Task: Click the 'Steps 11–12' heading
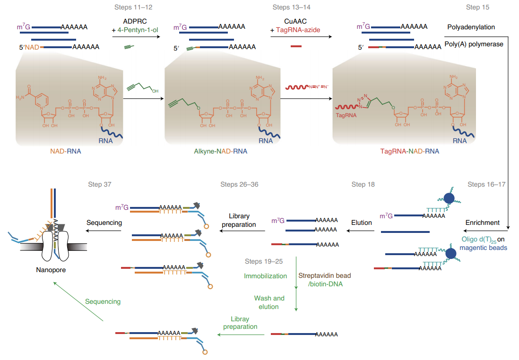[134, 8]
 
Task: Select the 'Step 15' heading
[477, 8]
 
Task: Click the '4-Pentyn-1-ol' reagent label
[134, 30]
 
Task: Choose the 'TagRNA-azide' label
[298, 30]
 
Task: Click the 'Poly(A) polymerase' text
[474, 44]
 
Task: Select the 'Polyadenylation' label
[471, 27]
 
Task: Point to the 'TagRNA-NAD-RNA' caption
[409, 151]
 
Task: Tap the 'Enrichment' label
[482, 223]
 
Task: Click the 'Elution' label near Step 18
[361, 223]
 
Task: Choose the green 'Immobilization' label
[265, 276]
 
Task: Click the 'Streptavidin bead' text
[325, 275]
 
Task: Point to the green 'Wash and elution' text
[269, 302]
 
